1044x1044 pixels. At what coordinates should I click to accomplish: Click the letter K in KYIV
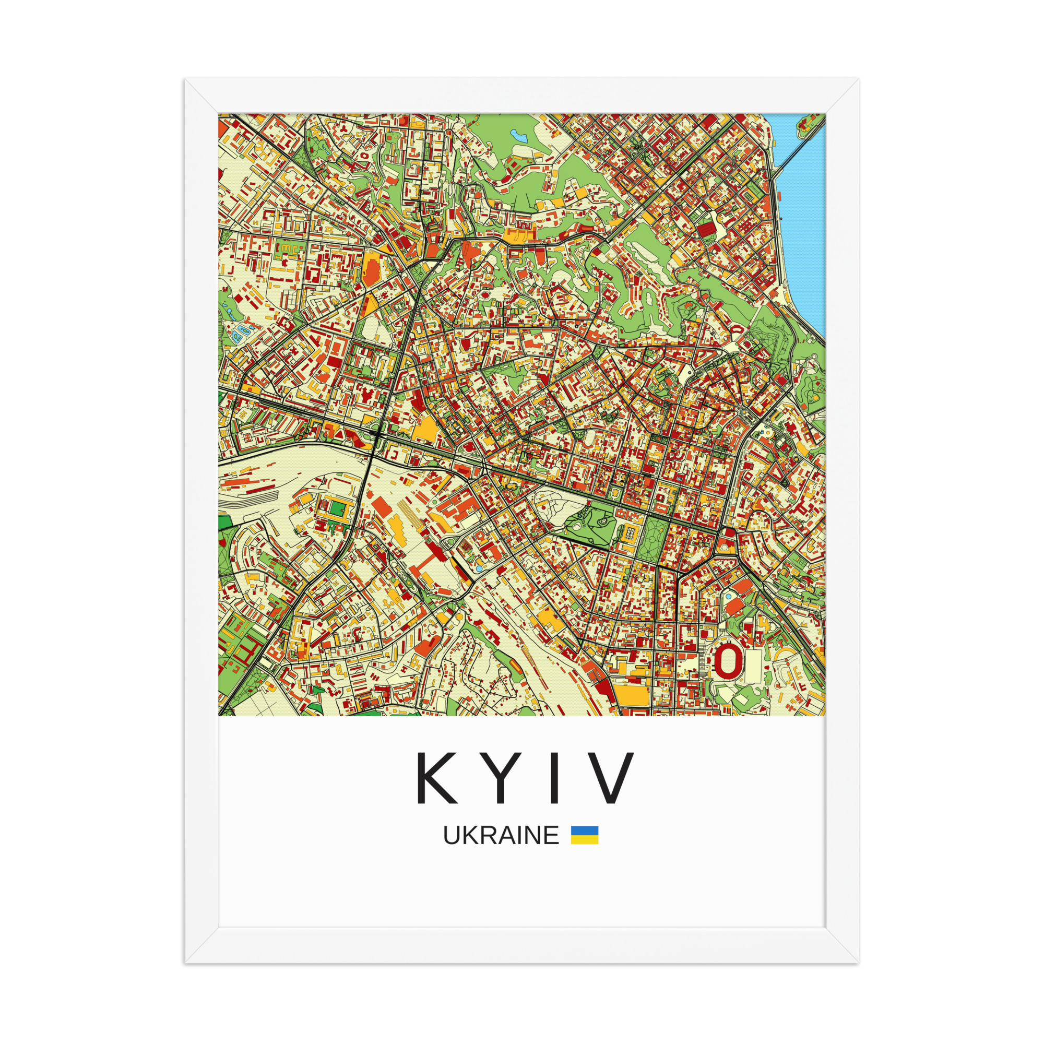click(436, 778)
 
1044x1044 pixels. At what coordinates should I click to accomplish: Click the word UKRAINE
click(501, 835)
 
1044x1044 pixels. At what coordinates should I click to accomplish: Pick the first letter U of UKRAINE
click(451, 835)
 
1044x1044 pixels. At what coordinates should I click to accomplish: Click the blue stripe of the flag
click(585, 830)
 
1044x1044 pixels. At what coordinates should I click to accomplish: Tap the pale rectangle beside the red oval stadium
click(753, 666)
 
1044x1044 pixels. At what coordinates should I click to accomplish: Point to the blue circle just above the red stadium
click(728, 597)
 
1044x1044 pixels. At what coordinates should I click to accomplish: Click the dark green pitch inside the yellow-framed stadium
click(337, 508)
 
